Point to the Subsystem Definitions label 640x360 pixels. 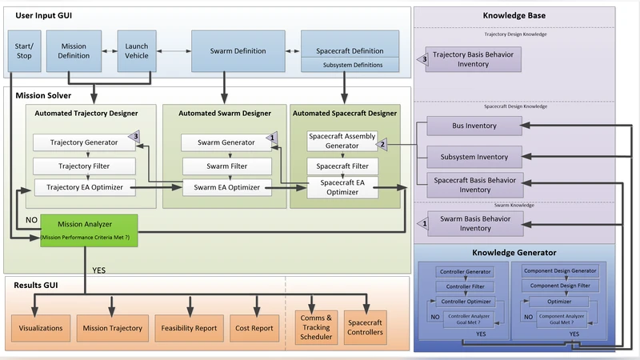coord(350,65)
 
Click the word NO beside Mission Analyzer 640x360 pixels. coord(31,218)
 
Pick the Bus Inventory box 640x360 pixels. coord(474,126)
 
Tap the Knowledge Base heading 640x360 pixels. coord(514,15)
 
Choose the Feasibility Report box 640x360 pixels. coord(189,328)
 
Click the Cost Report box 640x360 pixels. coord(254,328)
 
